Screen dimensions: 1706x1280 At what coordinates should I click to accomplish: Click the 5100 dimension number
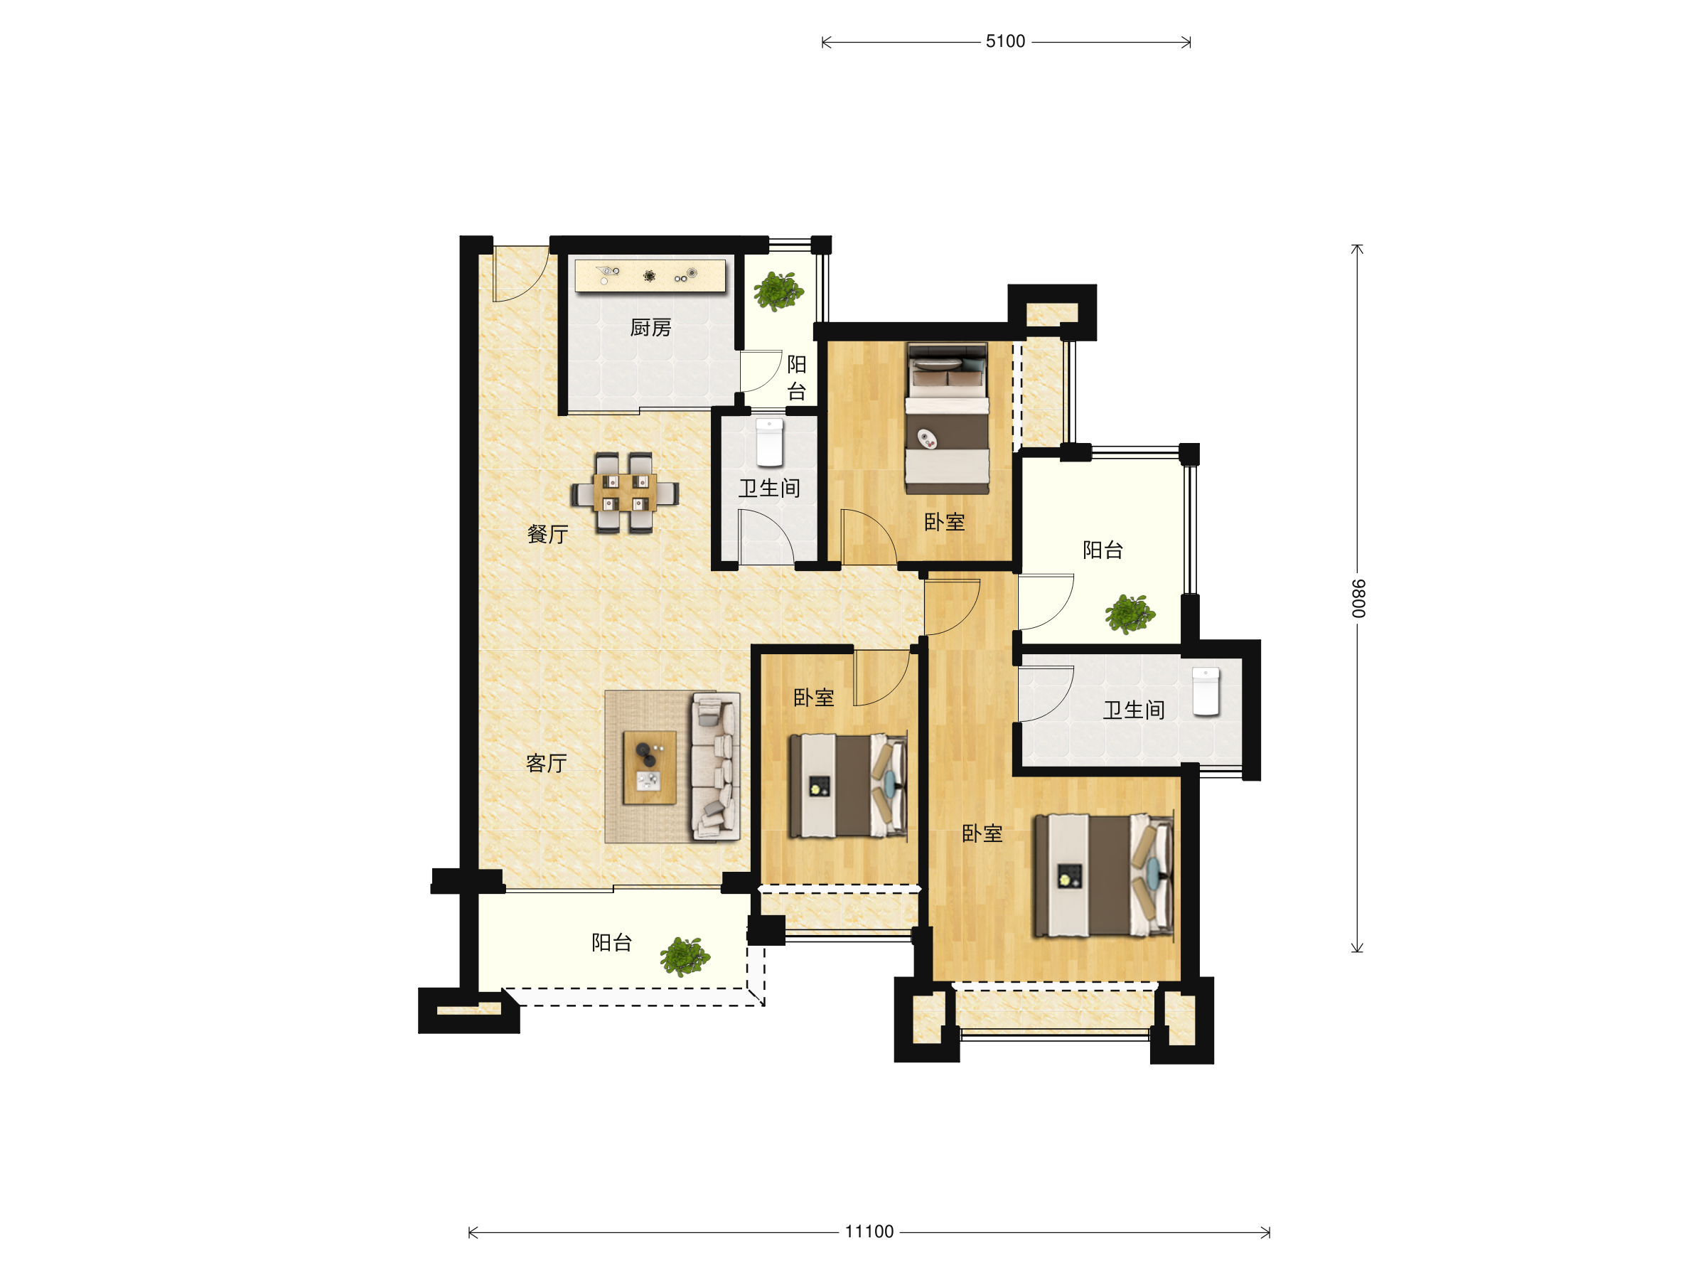click(1005, 42)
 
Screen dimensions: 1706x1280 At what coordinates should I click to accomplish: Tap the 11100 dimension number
click(869, 1232)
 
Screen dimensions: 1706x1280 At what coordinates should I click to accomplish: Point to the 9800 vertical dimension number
click(1358, 599)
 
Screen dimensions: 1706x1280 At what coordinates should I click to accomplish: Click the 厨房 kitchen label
click(650, 328)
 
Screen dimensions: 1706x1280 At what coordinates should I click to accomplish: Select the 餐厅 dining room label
click(547, 534)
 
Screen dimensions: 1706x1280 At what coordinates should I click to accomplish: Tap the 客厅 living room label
click(546, 763)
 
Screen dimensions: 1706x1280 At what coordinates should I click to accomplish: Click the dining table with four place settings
click(625, 493)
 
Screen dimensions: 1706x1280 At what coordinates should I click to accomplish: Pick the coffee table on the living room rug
click(650, 768)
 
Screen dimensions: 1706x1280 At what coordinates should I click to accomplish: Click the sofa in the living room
click(715, 766)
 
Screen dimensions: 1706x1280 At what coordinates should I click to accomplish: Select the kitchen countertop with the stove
click(650, 275)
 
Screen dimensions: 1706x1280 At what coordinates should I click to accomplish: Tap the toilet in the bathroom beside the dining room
click(769, 443)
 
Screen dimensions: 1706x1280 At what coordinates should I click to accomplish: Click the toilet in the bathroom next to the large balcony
click(1206, 691)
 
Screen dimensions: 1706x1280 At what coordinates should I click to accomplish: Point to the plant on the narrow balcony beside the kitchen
click(778, 291)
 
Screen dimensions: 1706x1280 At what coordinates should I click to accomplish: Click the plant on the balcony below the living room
click(685, 956)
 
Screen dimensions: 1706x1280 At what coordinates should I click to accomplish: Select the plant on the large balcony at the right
click(1130, 614)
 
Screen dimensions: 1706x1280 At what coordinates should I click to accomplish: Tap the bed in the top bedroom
click(947, 418)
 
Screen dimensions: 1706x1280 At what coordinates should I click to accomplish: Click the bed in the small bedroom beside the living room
click(847, 786)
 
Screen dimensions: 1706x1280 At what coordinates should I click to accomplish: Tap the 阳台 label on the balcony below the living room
click(611, 942)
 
